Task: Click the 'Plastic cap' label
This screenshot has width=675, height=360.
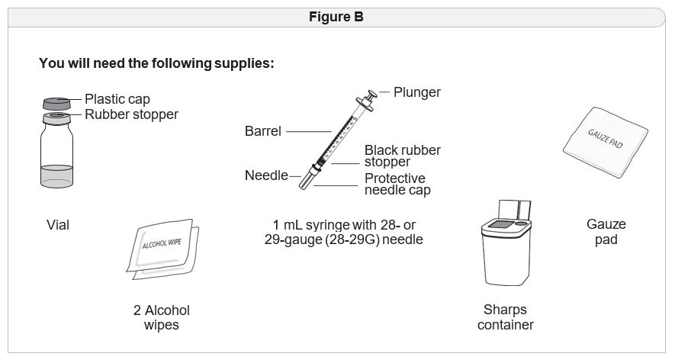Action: (x=117, y=99)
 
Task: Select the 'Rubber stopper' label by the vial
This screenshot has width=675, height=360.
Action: (x=131, y=114)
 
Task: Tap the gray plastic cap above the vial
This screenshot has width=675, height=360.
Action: (x=56, y=103)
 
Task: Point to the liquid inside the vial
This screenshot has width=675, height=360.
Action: (x=56, y=176)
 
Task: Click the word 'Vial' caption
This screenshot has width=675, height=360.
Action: (x=58, y=225)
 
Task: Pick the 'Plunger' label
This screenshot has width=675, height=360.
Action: (x=416, y=92)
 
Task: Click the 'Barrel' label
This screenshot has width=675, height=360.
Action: (x=263, y=131)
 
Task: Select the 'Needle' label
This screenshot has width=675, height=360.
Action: (x=266, y=175)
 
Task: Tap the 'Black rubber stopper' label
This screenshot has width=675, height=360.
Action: (x=402, y=156)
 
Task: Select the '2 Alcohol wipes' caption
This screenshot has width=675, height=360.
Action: (x=161, y=317)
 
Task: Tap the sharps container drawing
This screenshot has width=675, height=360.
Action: (x=505, y=248)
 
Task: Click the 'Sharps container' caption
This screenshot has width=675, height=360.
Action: (x=505, y=317)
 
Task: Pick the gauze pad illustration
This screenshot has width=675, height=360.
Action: (x=606, y=140)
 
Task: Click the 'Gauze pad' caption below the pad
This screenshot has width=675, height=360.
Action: (x=606, y=232)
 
